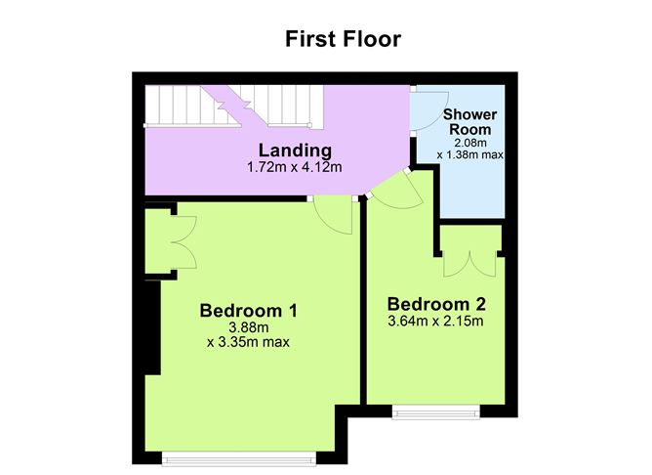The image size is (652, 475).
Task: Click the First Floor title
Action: coord(343,39)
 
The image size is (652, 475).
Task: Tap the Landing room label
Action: coord(295,151)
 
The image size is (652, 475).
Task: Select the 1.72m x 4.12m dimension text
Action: coord(295,167)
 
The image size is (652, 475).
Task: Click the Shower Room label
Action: coord(469,122)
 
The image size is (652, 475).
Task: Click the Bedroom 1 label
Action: coord(249,311)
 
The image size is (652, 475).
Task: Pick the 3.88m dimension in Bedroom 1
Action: coord(249,327)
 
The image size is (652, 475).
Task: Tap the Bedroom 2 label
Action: coord(436,304)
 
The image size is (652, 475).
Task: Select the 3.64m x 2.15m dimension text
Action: coord(435,322)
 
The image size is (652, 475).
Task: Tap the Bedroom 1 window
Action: coord(239,458)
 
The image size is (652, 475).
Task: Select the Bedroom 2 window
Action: coord(436,411)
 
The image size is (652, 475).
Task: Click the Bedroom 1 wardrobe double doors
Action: coord(184,242)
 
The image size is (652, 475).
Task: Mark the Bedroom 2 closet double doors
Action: coord(469,264)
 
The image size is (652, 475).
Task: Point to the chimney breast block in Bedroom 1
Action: coord(152,327)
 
